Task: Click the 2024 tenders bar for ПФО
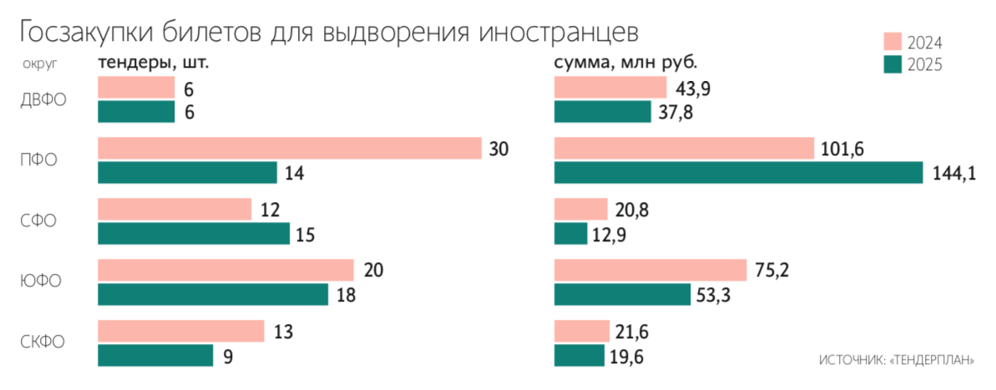(290, 149)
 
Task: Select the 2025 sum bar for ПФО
(738, 172)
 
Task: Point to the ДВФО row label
(43, 99)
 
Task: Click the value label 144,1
(953, 173)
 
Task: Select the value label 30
(499, 149)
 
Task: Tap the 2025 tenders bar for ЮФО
(213, 295)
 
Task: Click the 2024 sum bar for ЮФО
(650, 271)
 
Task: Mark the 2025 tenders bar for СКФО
(155, 356)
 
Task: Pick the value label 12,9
(609, 234)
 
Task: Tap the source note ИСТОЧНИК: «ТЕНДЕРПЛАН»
(897, 360)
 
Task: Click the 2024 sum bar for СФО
(580, 210)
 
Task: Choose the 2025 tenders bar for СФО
(194, 234)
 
